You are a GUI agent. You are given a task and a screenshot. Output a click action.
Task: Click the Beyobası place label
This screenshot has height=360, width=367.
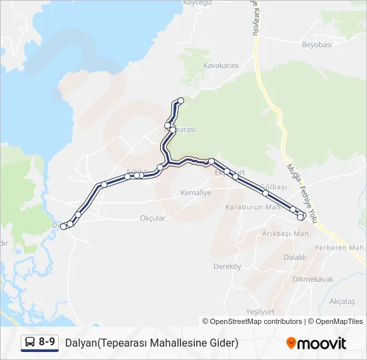(x=317, y=45)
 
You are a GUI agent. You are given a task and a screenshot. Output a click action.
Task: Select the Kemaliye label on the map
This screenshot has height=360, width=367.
(x=196, y=193)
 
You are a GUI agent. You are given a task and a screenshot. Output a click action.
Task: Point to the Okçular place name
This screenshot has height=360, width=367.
(x=153, y=218)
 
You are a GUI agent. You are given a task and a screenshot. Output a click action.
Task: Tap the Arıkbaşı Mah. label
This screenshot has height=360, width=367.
(x=287, y=234)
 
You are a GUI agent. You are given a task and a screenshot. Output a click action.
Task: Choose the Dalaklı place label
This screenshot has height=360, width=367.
(x=295, y=257)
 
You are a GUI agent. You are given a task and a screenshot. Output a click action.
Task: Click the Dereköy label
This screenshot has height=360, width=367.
(x=226, y=266)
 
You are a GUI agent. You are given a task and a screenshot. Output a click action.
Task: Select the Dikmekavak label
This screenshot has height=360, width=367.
(x=313, y=279)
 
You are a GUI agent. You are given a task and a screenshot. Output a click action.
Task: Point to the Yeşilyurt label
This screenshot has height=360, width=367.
(x=260, y=311)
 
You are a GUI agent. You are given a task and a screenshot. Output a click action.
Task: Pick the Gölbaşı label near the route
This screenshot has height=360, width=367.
(x=274, y=186)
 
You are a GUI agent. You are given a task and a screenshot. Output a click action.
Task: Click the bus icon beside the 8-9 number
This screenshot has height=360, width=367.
(x=29, y=343)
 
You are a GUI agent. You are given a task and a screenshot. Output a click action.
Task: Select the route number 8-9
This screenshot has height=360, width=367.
(x=47, y=343)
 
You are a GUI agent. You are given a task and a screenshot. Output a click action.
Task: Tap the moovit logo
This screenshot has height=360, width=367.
(x=316, y=343)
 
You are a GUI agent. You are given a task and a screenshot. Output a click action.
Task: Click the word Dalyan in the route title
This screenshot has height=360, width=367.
(x=80, y=343)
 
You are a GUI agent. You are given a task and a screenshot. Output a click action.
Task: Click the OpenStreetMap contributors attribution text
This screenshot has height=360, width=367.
(x=252, y=321)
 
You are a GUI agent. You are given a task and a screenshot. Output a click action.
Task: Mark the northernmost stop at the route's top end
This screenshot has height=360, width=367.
(x=180, y=100)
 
